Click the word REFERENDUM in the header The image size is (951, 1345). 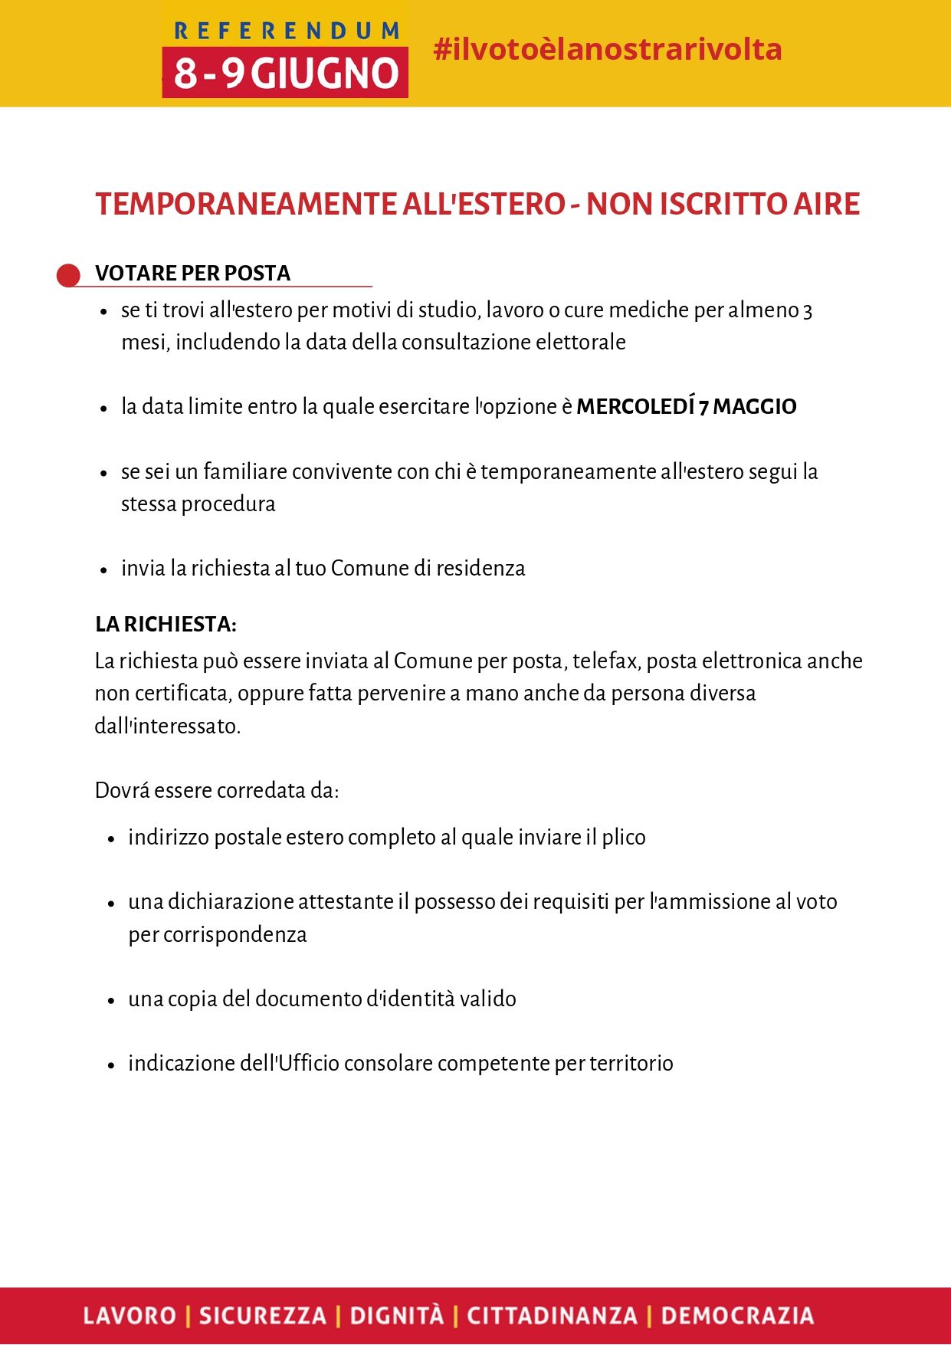[x=287, y=31]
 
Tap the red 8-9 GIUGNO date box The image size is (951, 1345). [x=285, y=73]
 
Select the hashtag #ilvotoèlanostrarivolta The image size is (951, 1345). [x=607, y=49]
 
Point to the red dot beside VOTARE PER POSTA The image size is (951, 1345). [x=69, y=275]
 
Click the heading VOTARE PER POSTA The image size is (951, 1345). [x=192, y=274]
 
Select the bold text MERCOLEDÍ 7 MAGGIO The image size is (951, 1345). [x=686, y=406]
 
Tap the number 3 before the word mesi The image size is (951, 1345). [x=807, y=310]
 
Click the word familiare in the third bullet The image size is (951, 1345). [x=245, y=471]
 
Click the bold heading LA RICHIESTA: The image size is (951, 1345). [x=166, y=625]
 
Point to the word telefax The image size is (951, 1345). [x=605, y=661]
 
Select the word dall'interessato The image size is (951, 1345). [x=167, y=726]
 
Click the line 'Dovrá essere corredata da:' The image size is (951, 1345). [x=217, y=790]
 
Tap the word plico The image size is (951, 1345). [x=623, y=837]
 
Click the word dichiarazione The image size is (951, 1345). [x=231, y=901]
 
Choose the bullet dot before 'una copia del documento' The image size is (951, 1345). [x=111, y=1000]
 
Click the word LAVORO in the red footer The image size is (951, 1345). [x=130, y=1316]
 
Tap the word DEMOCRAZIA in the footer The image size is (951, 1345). [x=737, y=1316]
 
